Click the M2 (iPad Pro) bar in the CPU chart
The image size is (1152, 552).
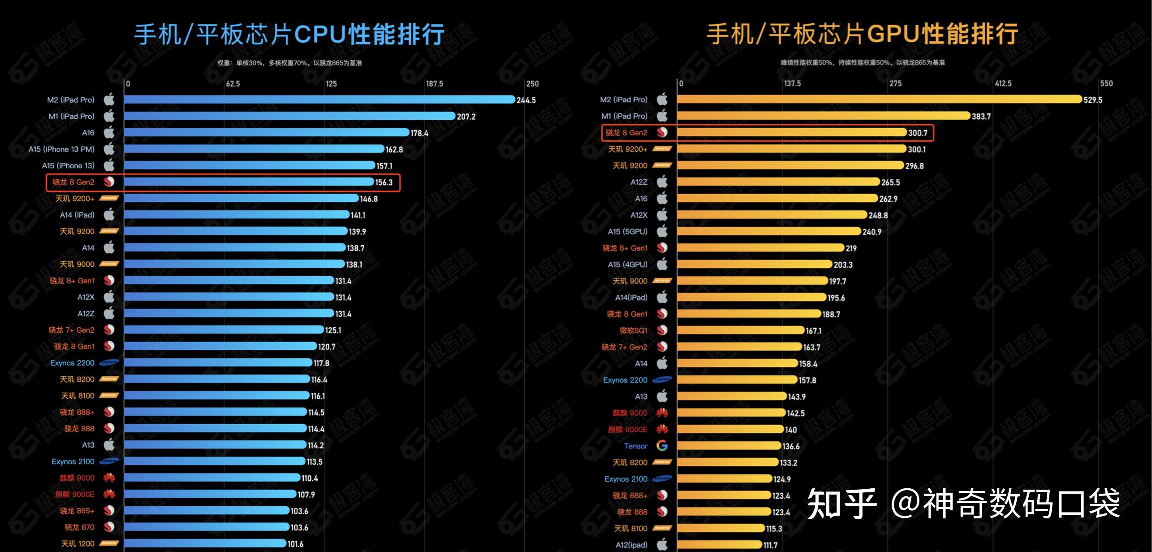[x=319, y=100]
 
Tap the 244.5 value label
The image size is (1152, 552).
[x=526, y=100]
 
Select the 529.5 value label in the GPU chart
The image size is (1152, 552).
[x=1093, y=100]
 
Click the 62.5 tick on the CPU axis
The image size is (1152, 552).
[x=233, y=84]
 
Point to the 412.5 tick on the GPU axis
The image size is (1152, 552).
[x=1003, y=83]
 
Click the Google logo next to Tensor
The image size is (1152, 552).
[x=662, y=446]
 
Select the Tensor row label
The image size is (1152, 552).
[x=635, y=446]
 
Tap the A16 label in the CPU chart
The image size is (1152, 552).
[x=88, y=133]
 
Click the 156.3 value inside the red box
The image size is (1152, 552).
[x=384, y=183]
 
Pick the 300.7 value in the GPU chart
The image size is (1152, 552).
[x=917, y=133]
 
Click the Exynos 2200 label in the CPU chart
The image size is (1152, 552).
[x=72, y=363]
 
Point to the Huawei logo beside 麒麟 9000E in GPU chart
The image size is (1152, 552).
[x=662, y=430]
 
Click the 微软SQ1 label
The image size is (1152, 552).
[x=633, y=330]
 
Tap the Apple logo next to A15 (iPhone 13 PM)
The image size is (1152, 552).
[x=109, y=149]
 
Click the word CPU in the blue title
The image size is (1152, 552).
[x=320, y=34]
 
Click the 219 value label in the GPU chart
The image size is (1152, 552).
[x=851, y=248]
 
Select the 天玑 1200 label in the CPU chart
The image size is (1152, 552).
[x=78, y=543]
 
